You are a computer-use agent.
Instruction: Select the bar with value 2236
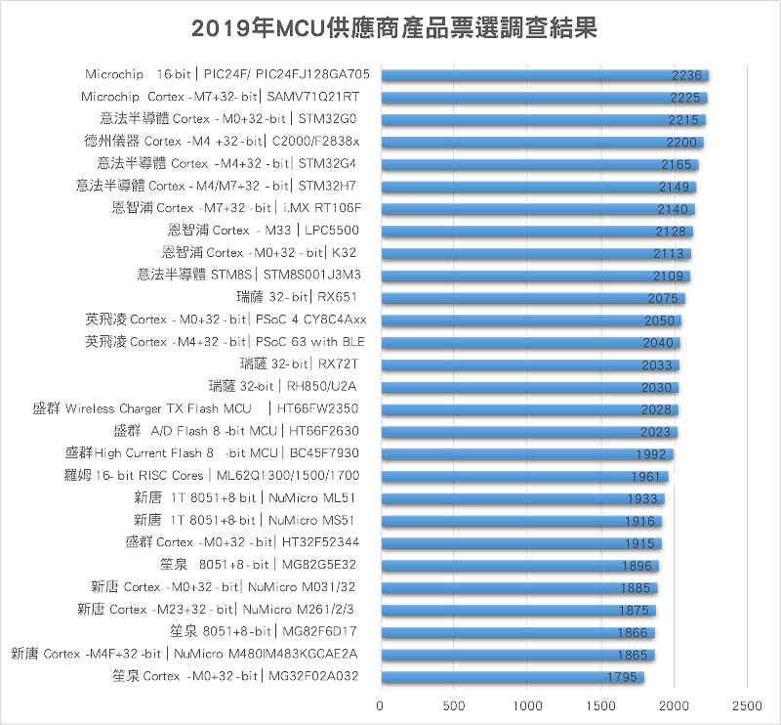[544, 75]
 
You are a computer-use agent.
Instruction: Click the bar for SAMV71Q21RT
[543, 98]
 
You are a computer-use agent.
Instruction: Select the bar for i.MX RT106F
[537, 209]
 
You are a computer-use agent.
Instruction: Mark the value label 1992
[650, 454]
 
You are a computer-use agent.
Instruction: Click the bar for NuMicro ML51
[522, 498]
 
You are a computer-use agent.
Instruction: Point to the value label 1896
[637, 566]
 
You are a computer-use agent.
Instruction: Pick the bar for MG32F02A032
[512, 677]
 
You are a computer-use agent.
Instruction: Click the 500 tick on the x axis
[454, 704]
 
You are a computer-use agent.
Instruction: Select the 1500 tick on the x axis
[600, 704]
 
